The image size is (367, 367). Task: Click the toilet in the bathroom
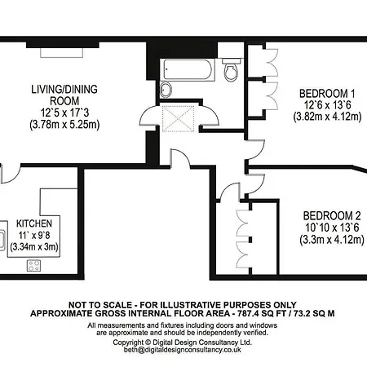pos(231,69)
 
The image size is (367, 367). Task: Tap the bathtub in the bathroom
pos(188,69)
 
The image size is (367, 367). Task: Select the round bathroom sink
pos(166,90)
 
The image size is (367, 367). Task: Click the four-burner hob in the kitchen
pos(33,266)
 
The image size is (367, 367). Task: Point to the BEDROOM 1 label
pos(327,94)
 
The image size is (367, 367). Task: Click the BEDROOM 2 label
pos(332,216)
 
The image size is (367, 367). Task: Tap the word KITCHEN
pos(34,223)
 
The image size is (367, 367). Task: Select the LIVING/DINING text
pos(64,89)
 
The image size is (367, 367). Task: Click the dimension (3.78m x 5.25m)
pos(64,125)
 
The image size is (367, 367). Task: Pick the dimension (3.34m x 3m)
pos(34,247)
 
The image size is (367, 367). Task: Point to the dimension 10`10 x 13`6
pos(332,228)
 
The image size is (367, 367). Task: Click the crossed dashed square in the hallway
pos(179,118)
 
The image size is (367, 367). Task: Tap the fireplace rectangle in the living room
pos(61,53)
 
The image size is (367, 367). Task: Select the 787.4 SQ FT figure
pos(262,313)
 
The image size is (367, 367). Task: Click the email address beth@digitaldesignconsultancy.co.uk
pos(183,350)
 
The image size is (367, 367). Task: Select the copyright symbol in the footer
pos(148,343)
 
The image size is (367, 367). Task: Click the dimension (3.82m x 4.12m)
pos(327,117)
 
